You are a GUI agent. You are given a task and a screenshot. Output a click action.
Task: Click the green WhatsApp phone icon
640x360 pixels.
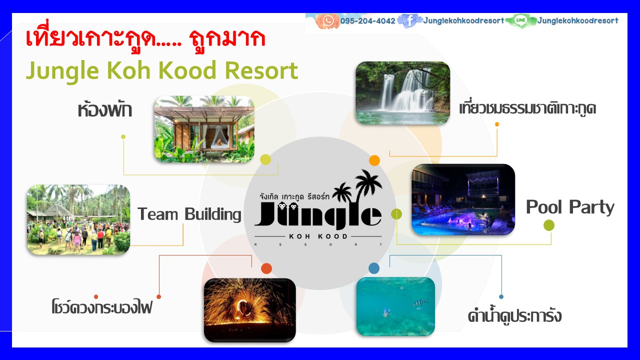coord(328,20)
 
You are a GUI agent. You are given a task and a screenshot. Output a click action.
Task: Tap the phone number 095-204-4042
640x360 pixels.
coord(368,21)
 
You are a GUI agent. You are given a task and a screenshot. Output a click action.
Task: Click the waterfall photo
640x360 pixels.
coord(402,93)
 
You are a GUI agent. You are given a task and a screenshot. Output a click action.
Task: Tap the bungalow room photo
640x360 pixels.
coord(204,129)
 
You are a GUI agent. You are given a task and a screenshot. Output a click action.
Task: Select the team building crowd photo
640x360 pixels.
coord(78,220)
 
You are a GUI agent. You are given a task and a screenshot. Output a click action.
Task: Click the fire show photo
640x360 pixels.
coord(249,310)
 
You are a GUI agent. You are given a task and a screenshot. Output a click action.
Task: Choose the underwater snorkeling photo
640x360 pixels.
coord(395,306)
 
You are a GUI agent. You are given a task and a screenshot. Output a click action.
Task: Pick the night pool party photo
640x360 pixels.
coord(463,199)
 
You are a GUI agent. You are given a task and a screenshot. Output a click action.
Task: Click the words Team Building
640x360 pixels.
coord(189,214)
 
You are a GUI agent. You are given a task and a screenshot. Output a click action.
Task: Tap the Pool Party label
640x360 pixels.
coord(570,207)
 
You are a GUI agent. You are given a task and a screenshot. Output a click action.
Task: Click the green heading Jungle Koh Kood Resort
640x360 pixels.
coord(162,70)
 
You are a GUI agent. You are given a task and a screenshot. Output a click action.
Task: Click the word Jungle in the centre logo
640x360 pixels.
coord(318,215)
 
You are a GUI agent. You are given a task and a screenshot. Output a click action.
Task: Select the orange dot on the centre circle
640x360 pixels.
coord(374,160)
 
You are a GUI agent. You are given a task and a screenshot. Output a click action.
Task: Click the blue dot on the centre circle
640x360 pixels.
coord(374,268)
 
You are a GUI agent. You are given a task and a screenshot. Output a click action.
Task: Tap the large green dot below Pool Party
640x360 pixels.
coord(549,225)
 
